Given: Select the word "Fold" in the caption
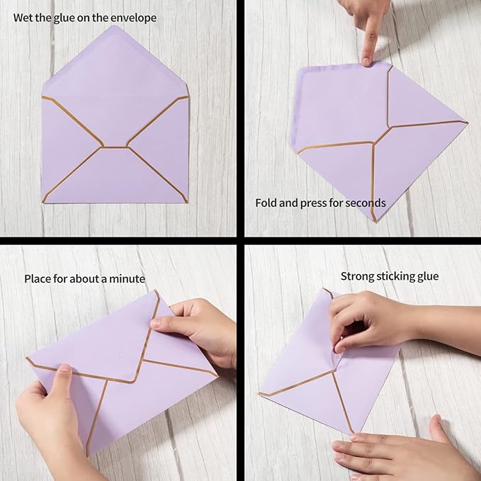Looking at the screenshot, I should pyautogui.click(x=266, y=203).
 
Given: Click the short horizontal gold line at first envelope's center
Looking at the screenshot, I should pyautogui.click(x=115, y=147).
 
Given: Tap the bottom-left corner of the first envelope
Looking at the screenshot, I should pyautogui.click(x=44, y=202).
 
